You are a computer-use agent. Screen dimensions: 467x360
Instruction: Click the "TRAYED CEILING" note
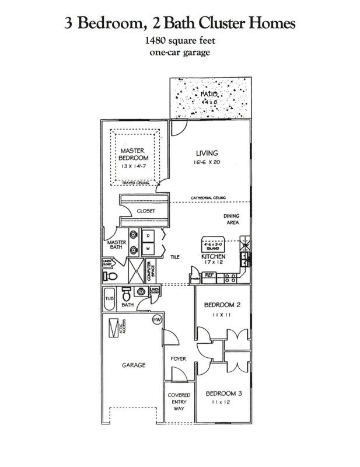[135, 183]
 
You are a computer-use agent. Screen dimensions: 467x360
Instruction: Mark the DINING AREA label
[232, 219]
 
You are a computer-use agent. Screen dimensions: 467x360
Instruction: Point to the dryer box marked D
[149, 235]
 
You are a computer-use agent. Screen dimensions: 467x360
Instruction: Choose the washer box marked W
[149, 248]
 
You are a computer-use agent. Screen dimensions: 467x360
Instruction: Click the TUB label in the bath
[109, 299]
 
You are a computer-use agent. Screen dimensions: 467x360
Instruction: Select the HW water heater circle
[156, 320]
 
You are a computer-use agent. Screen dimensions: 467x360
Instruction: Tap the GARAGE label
[134, 365]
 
